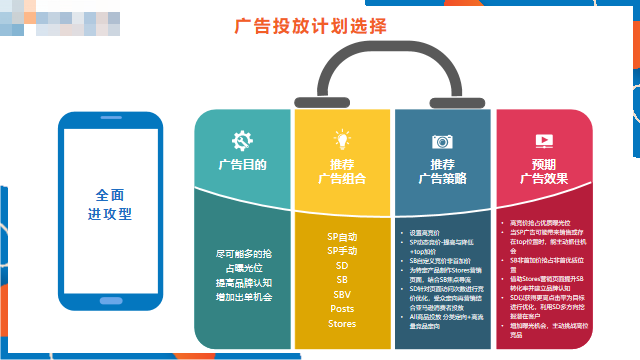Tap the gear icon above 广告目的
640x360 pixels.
[241, 140]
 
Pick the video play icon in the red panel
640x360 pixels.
[543, 141]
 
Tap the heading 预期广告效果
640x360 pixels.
[543, 171]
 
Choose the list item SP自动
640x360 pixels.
[342, 237]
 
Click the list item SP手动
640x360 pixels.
[342, 251]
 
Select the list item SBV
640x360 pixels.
[342, 295]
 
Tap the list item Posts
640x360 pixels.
[342, 309]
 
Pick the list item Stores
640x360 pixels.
[342, 324]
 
